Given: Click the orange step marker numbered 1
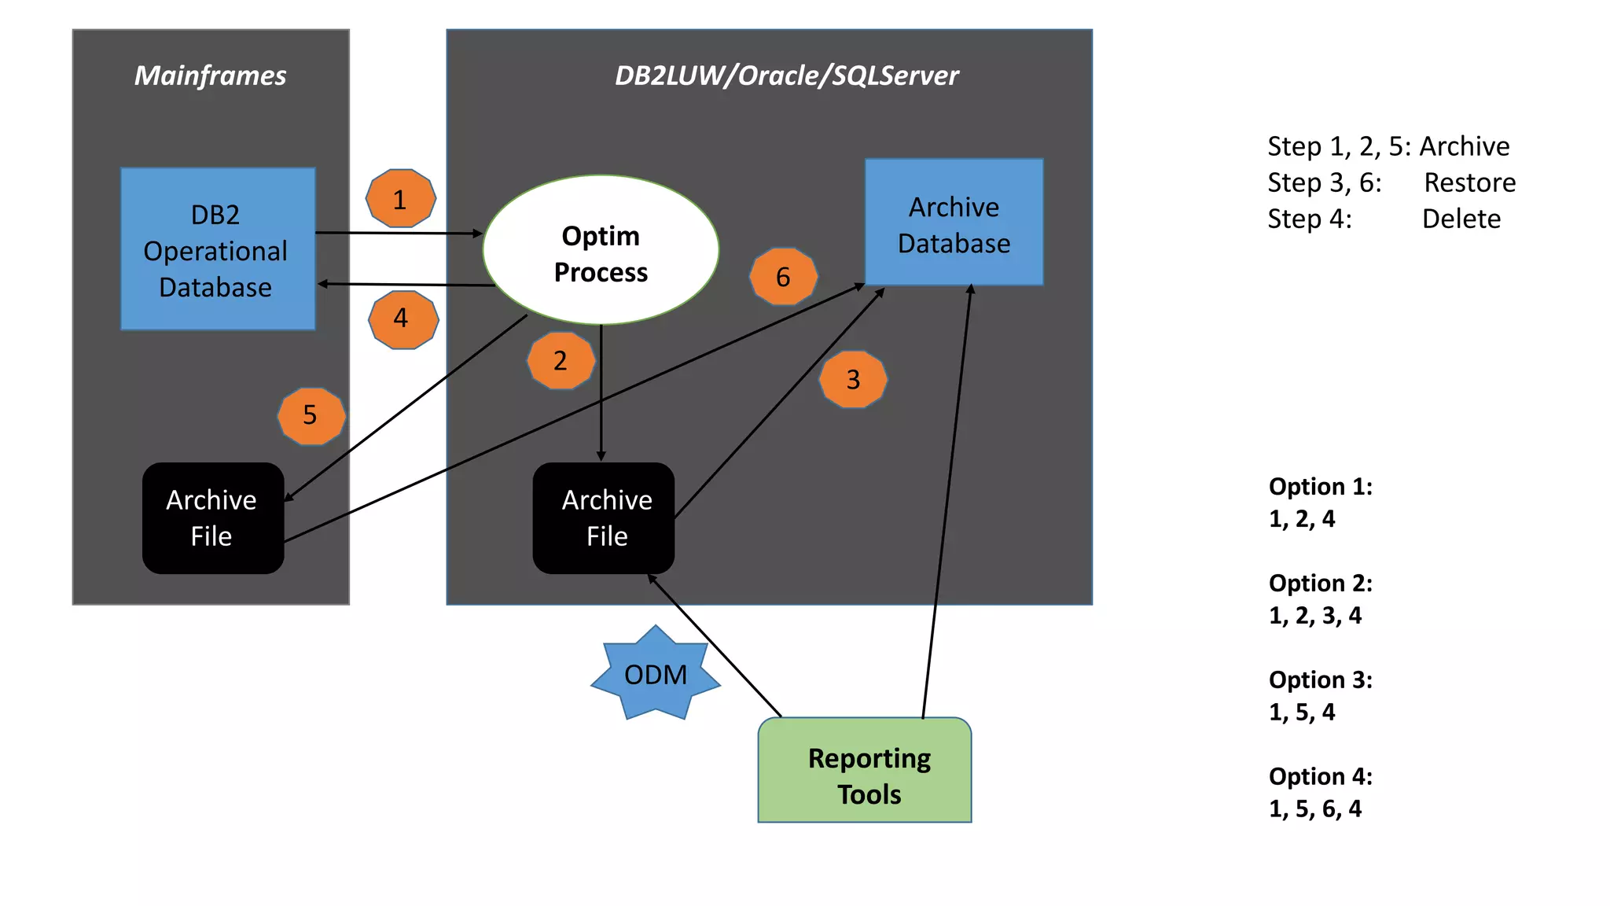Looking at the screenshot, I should coord(401,199).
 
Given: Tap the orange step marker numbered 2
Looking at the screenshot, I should coord(561,360).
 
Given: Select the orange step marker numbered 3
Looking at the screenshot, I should coord(853,380).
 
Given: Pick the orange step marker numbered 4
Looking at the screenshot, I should coord(402,319).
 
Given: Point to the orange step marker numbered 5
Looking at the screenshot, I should coord(311,415).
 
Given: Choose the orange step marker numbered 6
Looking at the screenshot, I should coord(783,277).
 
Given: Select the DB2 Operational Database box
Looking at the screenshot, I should coord(218,249).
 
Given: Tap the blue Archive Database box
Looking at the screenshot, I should coord(954,223).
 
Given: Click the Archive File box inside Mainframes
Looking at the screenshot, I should coord(212,517).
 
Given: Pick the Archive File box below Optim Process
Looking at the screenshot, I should coord(604,517).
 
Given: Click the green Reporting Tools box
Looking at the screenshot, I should coord(865,771).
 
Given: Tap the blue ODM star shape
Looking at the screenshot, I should coord(656,674).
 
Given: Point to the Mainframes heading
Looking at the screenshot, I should coord(211,75).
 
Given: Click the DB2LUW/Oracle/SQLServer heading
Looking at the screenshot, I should coord(786,75).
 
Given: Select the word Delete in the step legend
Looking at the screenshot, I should coord(1461,219).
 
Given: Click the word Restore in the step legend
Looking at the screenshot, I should coord(1469,182).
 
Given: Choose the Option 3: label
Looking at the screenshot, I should coord(1320,679).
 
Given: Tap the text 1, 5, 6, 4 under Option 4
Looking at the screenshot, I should coord(1314,808).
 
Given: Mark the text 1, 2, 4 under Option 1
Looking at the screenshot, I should coord(1302,519).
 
